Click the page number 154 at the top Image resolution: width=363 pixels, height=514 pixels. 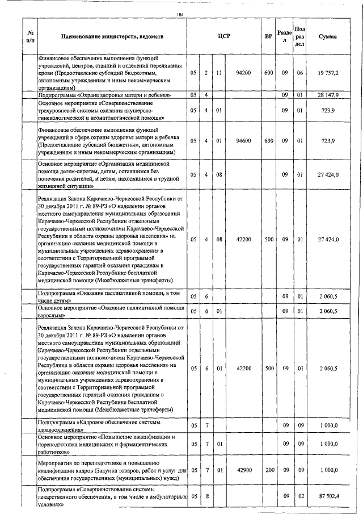tap(180, 14)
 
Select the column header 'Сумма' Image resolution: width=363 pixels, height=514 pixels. tap(328, 36)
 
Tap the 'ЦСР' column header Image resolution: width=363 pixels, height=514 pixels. tap(223, 36)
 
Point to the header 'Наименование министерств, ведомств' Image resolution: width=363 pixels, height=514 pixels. tap(113, 36)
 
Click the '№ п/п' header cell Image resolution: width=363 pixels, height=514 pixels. tap(30, 36)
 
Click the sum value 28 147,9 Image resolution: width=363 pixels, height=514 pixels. tap(328, 95)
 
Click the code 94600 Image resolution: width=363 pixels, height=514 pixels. tap(243, 140)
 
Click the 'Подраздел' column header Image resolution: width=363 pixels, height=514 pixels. tap(301, 36)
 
